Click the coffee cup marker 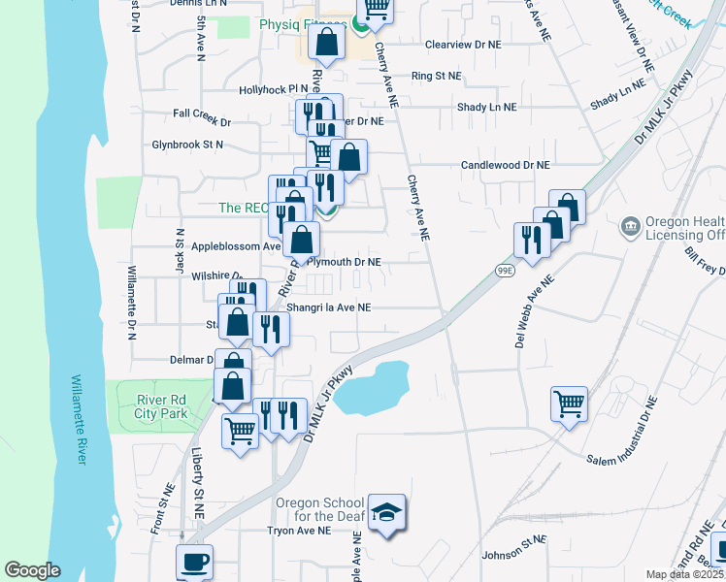coord(194,562)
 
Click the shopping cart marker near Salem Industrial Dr coord(569,403)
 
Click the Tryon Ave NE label coord(300,531)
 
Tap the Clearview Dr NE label coord(464,45)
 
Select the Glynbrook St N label coord(187,145)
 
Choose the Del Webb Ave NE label coord(535,311)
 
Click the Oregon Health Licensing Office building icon coord(631,227)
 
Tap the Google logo coord(33,570)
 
